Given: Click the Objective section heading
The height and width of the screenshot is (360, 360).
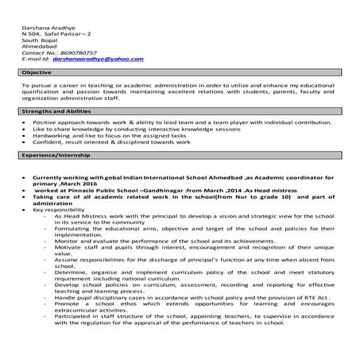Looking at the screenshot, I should (37, 72).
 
